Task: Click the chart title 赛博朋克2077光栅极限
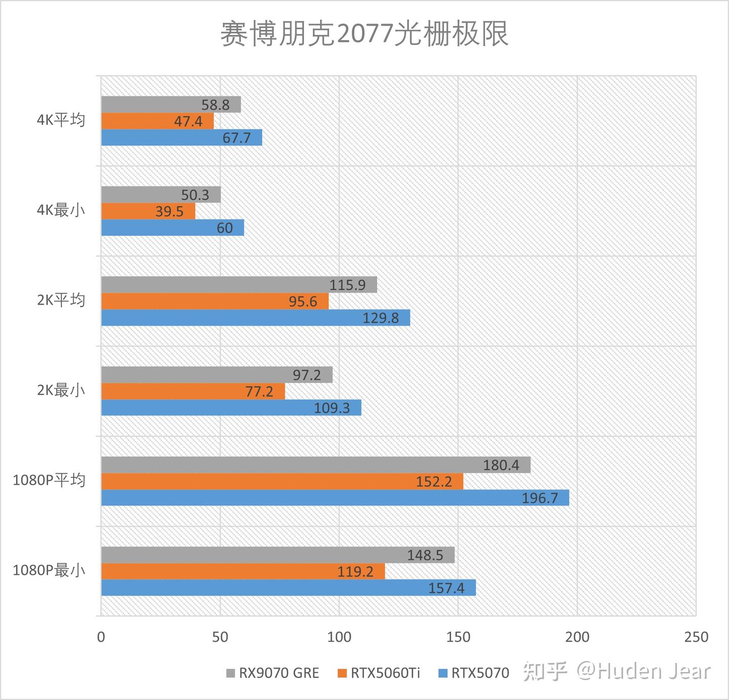[x=364, y=34]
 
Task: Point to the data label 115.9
[x=347, y=285]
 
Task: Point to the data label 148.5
[x=425, y=555]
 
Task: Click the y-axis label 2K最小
[x=61, y=391]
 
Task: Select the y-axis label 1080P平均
[x=49, y=480]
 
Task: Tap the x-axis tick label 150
[x=458, y=637]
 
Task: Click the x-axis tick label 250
[x=696, y=637]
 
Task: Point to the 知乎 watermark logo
[x=545, y=672]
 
